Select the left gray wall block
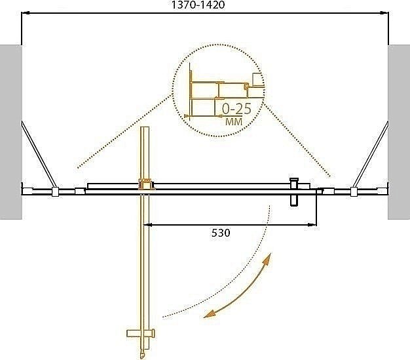coord(10,131)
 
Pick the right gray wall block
coord(399,131)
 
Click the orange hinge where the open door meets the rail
coord(145,186)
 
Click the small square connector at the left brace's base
coord(55,192)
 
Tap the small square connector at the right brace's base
coord(354,192)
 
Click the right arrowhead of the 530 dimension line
coord(314,225)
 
